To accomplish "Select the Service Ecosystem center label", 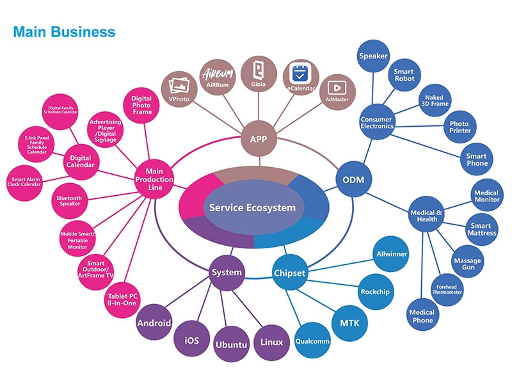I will click(x=252, y=207).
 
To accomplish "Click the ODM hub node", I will click(x=353, y=180).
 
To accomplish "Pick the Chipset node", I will click(x=289, y=273).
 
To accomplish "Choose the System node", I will click(x=227, y=272).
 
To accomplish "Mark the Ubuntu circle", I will click(x=231, y=344).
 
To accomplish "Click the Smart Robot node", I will click(x=404, y=75).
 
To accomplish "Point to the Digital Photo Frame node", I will click(x=141, y=106).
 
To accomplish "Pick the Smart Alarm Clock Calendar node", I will click(x=26, y=184).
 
